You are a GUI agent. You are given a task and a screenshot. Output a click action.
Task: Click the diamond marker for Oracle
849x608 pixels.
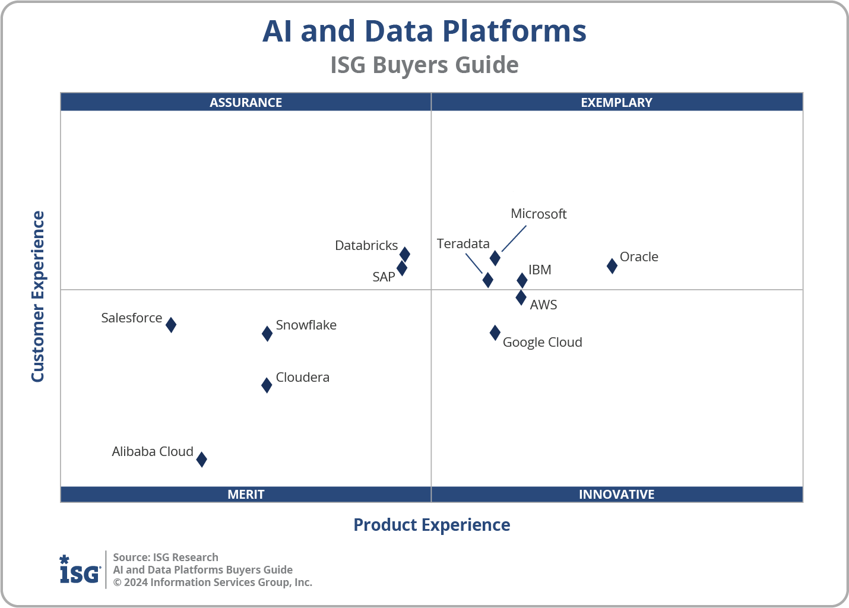[612, 266]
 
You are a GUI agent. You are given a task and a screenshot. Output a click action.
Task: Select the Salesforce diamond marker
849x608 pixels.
[171, 325]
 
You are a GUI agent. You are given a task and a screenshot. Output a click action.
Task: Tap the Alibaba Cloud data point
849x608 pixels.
[202, 459]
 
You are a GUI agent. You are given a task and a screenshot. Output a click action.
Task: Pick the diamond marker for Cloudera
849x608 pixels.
[267, 385]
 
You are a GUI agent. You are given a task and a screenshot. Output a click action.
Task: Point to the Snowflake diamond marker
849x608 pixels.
[267, 334]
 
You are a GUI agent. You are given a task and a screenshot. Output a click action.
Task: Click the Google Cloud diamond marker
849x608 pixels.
[495, 333]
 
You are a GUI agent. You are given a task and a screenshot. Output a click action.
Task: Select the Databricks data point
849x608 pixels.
[404, 255]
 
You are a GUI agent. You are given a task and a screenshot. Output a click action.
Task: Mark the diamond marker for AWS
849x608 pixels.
[521, 297]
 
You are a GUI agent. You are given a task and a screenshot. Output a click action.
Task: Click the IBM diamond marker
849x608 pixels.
[522, 280]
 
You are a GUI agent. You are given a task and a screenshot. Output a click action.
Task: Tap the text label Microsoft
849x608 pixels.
[538, 214]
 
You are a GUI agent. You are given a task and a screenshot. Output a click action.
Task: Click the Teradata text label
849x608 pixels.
[463, 243]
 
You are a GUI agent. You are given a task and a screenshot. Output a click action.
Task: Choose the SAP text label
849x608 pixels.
[384, 277]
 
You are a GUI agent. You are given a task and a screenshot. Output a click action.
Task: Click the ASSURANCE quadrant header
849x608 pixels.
[246, 102]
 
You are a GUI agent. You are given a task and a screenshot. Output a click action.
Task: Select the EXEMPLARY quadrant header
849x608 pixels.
[616, 102]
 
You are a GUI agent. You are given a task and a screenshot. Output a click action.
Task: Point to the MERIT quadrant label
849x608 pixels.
[246, 494]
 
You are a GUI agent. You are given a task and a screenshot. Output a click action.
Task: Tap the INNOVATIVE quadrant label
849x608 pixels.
[616, 494]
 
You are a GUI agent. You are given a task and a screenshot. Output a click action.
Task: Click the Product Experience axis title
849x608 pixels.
[432, 525]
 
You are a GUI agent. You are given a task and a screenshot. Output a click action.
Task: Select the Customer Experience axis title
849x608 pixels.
[38, 297]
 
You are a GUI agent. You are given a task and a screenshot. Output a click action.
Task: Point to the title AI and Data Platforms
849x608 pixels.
[424, 31]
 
